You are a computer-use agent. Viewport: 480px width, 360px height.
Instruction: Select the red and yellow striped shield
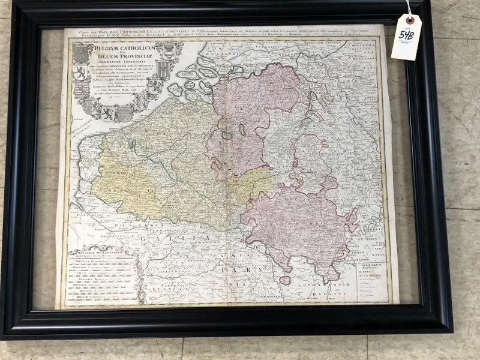(x=154, y=85)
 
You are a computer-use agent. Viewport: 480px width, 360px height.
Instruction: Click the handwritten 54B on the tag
(x=406, y=35)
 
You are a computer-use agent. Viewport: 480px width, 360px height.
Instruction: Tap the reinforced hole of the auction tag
(x=410, y=20)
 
